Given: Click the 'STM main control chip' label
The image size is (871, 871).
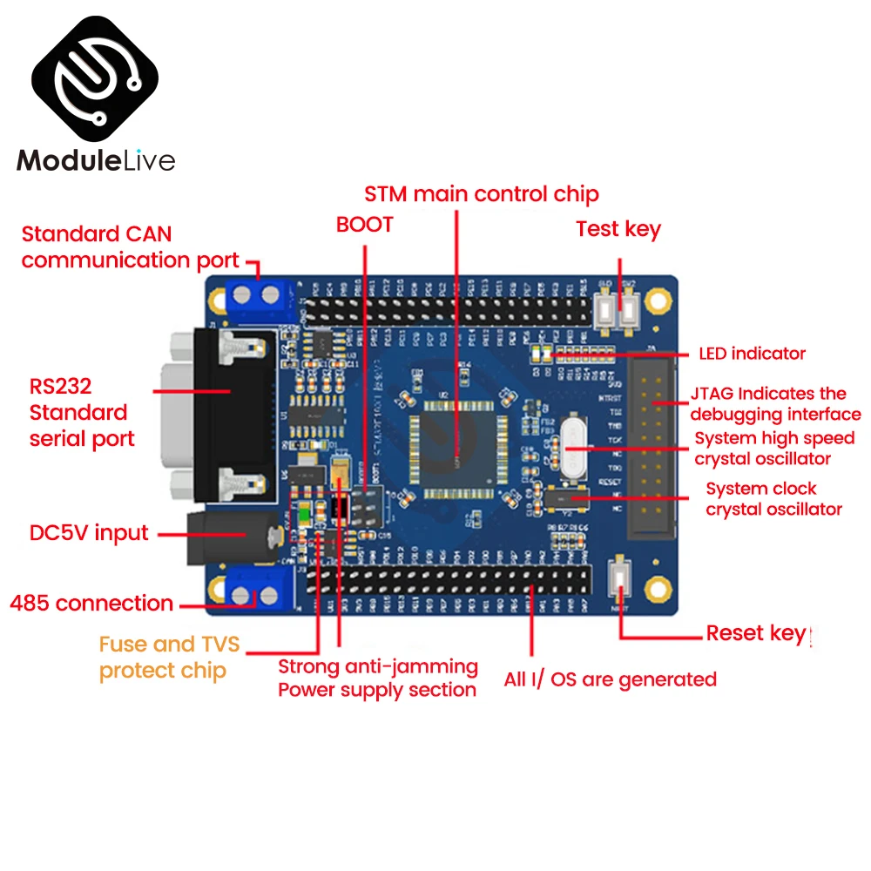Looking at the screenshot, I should coord(481,193).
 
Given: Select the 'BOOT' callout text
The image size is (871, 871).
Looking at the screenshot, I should coord(365,225).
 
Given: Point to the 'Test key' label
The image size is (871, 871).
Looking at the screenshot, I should coord(618,230).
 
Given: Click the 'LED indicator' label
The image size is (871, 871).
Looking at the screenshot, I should coord(752,354).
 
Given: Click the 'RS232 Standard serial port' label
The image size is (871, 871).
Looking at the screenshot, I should coord(82,412).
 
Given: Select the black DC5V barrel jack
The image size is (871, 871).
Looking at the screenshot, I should coord(235,534).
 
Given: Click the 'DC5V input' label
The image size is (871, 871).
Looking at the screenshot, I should coord(89,533).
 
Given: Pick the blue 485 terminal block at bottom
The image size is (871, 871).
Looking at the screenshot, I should coord(255,596).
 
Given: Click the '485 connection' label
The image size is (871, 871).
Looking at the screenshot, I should coord(91,603).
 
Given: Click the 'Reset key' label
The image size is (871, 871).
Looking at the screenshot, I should coord(755,633).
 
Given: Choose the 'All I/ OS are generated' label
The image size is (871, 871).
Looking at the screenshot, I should coord(610,679).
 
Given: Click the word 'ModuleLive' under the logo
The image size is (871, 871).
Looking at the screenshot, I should coord(97,160).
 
